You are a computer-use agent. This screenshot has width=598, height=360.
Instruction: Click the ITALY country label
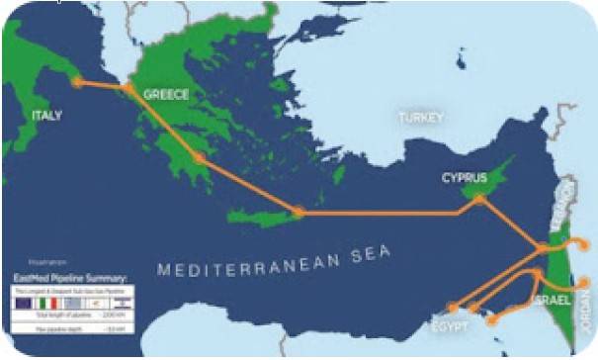pos(46,116)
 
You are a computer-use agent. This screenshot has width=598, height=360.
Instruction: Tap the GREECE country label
pos(165,95)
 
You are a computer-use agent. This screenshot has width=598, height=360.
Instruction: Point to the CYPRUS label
pos(465,178)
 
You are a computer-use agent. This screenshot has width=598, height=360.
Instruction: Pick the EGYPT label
pos(449,322)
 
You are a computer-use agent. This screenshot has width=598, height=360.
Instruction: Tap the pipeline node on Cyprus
pos(479,200)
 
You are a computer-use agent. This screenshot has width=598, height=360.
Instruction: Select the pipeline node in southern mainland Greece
pos(201,157)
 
